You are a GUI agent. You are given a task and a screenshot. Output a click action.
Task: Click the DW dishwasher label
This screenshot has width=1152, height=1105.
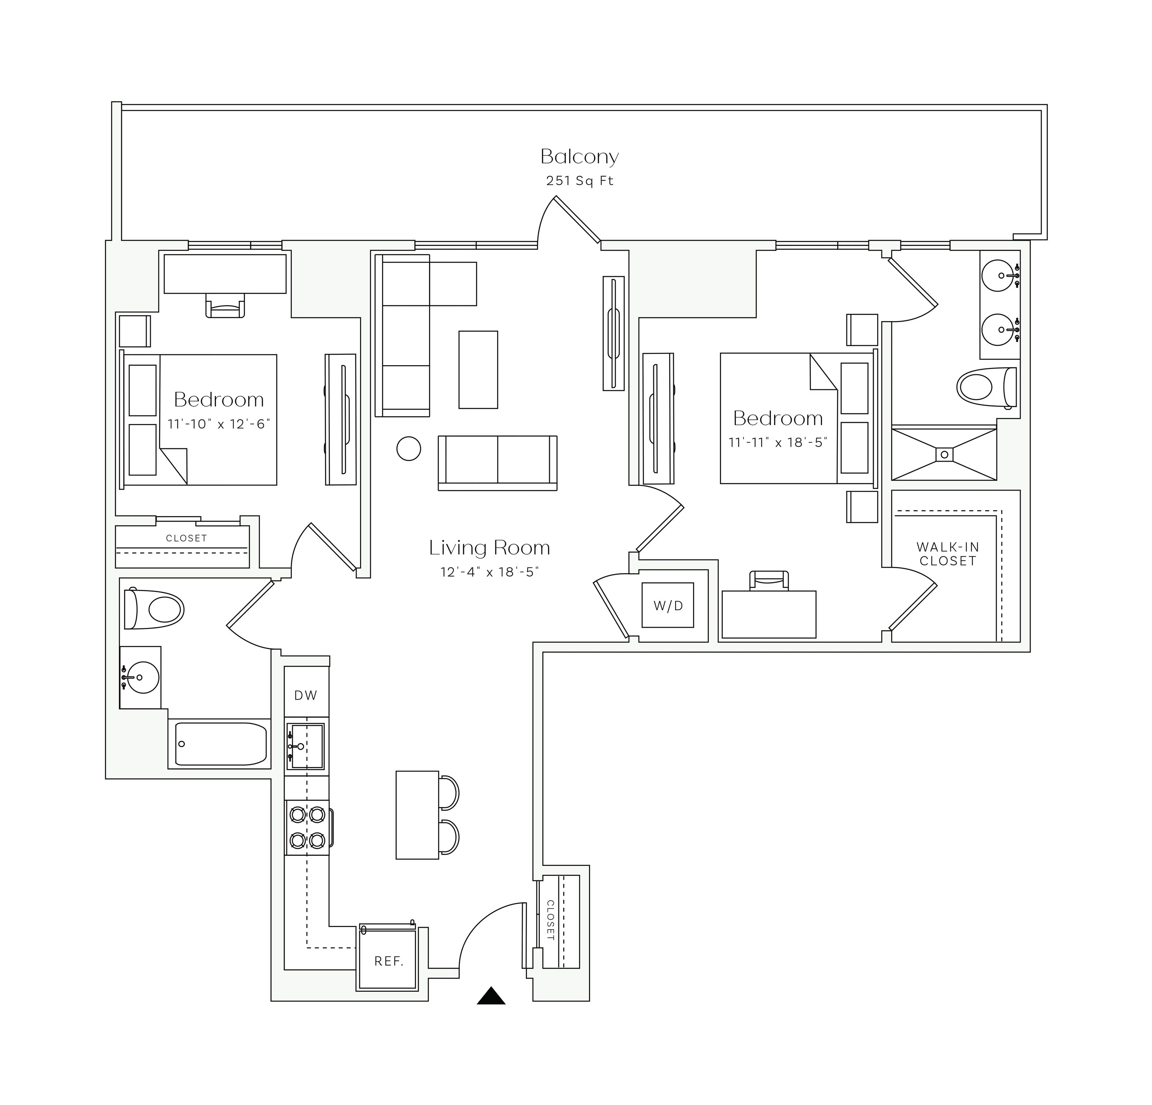(x=306, y=695)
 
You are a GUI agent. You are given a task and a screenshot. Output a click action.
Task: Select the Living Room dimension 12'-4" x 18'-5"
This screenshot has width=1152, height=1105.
(x=490, y=572)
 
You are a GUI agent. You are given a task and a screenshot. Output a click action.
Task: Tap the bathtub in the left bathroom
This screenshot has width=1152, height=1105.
(x=220, y=744)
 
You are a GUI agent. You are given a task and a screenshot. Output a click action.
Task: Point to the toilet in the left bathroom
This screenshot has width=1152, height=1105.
(x=156, y=609)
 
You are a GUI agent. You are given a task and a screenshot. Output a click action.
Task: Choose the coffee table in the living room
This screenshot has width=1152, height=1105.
(x=478, y=369)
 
